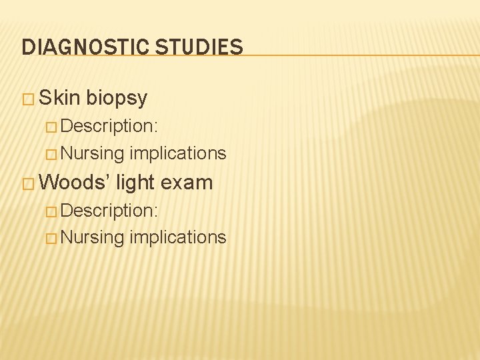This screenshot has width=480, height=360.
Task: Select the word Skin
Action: (x=59, y=98)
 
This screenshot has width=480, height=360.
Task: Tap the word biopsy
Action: (x=116, y=98)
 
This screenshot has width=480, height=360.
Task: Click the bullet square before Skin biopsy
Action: (x=28, y=99)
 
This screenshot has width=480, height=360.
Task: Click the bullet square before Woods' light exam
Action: (x=28, y=183)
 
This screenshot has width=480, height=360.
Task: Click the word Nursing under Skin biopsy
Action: (x=93, y=153)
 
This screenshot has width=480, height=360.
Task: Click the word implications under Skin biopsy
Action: (x=178, y=153)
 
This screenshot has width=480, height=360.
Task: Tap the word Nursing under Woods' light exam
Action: (x=93, y=237)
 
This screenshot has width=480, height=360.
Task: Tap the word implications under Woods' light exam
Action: (x=178, y=237)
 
